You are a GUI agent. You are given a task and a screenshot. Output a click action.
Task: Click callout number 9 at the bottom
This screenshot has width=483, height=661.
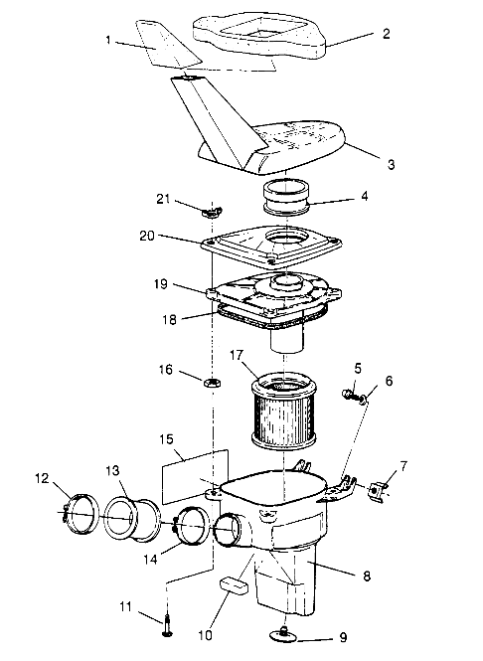[x=344, y=637]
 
